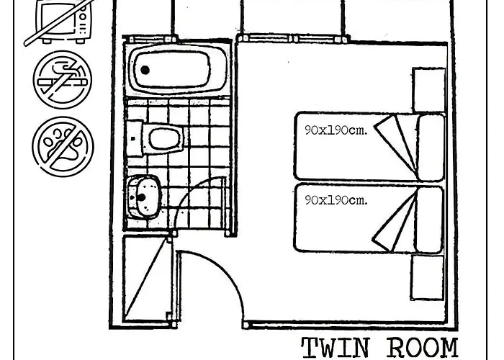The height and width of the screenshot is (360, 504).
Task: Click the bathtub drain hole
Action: tap(145, 70)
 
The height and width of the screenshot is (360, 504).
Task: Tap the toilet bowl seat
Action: tap(165, 139)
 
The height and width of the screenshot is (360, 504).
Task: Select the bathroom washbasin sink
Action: tap(143, 197)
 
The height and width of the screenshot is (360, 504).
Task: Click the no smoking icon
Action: tap(63, 79)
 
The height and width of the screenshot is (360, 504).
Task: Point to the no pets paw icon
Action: tap(63, 147)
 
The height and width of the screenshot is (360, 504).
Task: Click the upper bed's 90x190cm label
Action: tap(336, 130)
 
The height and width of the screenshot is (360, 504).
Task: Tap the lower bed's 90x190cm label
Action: tap(336, 200)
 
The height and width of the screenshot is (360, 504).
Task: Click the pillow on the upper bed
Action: tap(431, 147)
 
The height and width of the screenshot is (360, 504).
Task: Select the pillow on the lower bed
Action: tap(429, 219)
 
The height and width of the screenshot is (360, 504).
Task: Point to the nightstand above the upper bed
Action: tap(428, 90)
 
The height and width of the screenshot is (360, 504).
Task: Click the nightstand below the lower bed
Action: tap(428, 278)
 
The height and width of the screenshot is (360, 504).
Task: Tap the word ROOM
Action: tap(423, 348)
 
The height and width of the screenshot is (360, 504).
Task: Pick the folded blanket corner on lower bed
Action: tap(395, 220)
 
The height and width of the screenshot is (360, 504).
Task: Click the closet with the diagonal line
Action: tap(147, 279)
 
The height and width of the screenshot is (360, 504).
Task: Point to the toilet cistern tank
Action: tap(135, 138)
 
